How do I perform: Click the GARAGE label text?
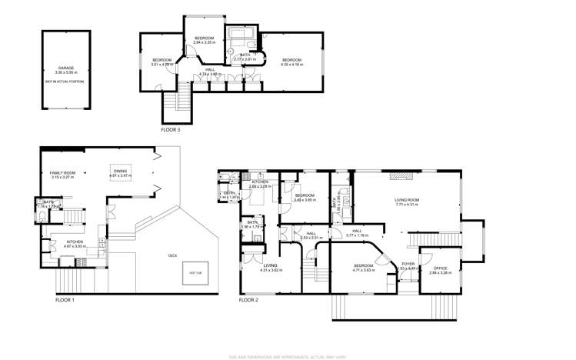(x=65, y=68)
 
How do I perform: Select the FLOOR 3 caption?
(x=171, y=130)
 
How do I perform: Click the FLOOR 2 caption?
(x=250, y=300)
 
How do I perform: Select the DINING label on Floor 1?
(x=121, y=173)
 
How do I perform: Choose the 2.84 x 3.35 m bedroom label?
(x=204, y=41)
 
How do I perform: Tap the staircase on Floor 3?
(x=183, y=98)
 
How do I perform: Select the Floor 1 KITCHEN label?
(x=75, y=243)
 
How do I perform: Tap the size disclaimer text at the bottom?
(x=288, y=356)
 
